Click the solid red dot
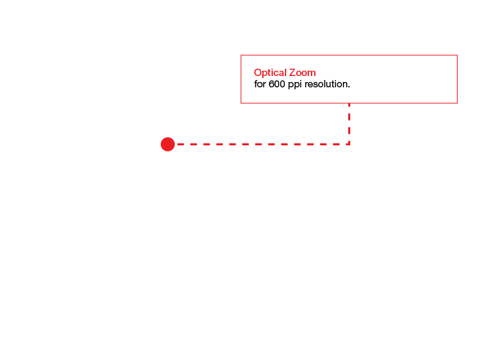click(x=167, y=144)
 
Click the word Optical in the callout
click(x=270, y=73)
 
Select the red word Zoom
click(x=302, y=73)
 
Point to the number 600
click(x=277, y=84)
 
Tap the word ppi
click(x=295, y=85)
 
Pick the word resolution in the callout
click(x=326, y=84)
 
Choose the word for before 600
click(x=260, y=84)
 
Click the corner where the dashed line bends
click(x=349, y=144)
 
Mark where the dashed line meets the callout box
click(x=349, y=103)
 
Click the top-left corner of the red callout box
click(x=241, y=55)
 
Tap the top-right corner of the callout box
click(x=457, y=55)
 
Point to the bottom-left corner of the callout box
click(x=241, y=103)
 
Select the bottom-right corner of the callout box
click(x=457, y=103)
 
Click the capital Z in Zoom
click(x=292, y=73)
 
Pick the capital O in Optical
click(x=258, y=73)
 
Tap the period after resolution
click(x=348, y=87)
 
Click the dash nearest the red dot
click(x=181, y=144)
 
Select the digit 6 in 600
click(x=272, y=84)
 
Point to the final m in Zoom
click(x=312, y=73)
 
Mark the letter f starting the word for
click(x=256, y=83)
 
